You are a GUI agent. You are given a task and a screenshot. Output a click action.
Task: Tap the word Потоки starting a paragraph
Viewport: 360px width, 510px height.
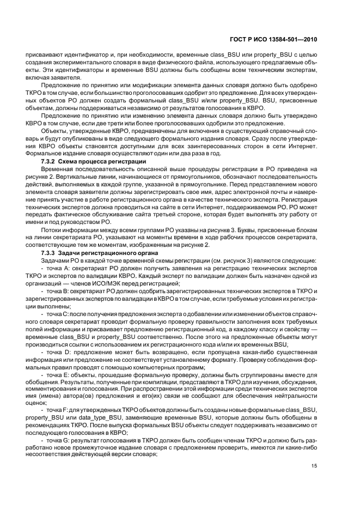point(53,231)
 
